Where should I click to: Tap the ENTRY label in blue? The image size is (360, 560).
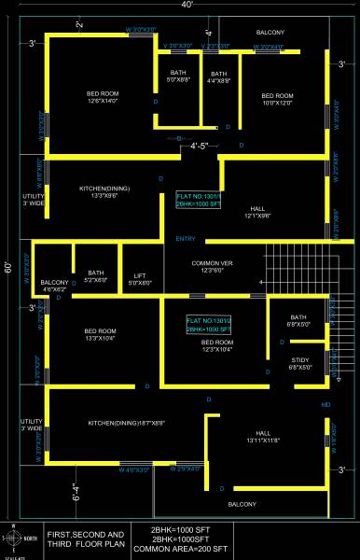click(186, 240)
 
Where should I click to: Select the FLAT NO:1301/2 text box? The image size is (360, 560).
click(208, 326)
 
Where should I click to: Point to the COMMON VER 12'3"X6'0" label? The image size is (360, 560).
click(213, 267)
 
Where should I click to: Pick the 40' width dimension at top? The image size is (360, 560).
click(187, 6)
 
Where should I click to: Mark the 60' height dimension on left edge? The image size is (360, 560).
click(7, 266)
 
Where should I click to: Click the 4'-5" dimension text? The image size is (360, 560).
click(201, 146)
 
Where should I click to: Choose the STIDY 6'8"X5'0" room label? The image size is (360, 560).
click(298, 363)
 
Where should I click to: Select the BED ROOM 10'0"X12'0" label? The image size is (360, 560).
click(277, 99)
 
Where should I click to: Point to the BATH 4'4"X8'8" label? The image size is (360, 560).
click(219, 77)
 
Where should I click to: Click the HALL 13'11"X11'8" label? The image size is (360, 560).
click(262, 436)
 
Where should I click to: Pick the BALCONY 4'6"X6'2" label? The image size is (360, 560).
click(54, 286)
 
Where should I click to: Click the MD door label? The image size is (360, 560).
click(325, 404)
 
